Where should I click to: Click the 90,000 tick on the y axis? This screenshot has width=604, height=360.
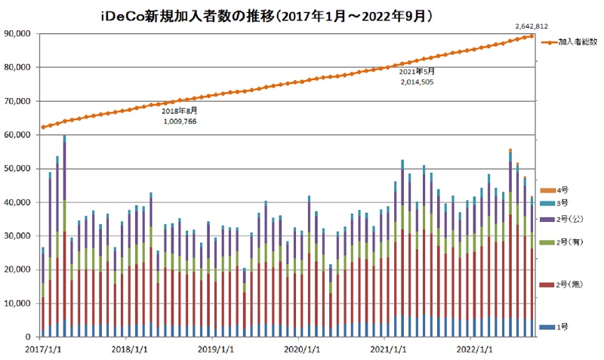[16, 34]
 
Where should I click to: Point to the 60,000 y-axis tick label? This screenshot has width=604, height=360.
[16, 135]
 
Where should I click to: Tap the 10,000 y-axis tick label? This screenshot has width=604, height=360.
[16, 303]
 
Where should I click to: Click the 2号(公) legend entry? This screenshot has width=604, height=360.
[569, 220]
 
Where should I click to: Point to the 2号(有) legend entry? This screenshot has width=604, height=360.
[569, 243]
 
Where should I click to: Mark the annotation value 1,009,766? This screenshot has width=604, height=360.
[180, 120]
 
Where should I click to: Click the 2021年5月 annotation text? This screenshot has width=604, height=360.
[417, 71]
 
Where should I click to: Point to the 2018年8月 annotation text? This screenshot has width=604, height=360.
[180, 110]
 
